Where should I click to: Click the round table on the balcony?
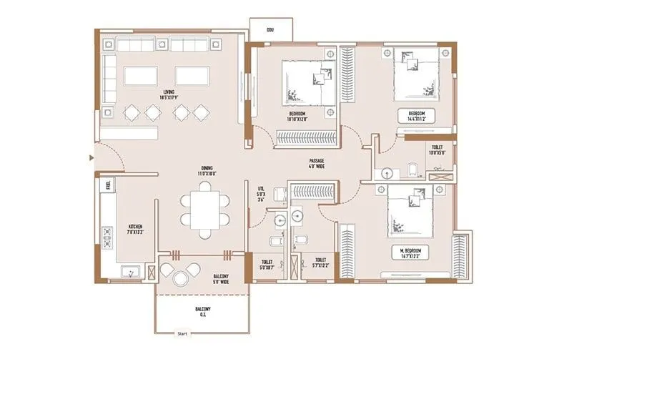point(179,273)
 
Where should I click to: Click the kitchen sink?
point(131,272)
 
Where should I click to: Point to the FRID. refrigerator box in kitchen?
point(108,185)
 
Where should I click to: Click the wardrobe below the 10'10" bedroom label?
point(306,138)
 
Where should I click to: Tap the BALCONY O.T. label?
point(203,312)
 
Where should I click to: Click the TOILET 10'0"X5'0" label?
point(436,149)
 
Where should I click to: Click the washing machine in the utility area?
point(280,195)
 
